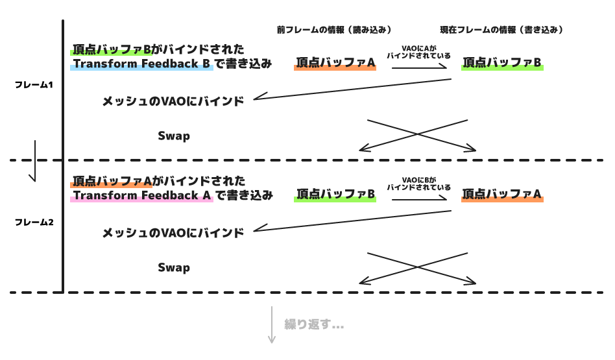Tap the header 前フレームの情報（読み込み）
pyautogui.click(x=334, y=30)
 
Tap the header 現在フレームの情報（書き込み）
pyautogui.click(x=501, y=30)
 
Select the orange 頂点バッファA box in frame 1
pyautogui.click(x=335, y=63)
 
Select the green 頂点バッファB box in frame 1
pyautogui.click(x=502, y=63)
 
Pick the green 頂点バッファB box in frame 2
pyautogui.click(x=335, y=194)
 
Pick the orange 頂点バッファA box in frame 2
pyautogui.click(x=502, y=194)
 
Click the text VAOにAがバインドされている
pyautogui.click(x=418, y=52)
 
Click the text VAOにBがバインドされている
pyautogui.click(x=418, y=184)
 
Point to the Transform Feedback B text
pyautogui.click(x=142, y=64)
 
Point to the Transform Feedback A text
pyautogui.click(x=142, y=195)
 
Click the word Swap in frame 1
pyautogui.click(x=174, y=136)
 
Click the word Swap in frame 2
pyautogui.click(x=174, y=267)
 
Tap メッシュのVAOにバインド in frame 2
pyautogui.click(x=173, y=232)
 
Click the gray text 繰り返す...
pyautogui.click(x=313, y=324)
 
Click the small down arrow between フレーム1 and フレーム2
pyautogui.click(x=35, y=161)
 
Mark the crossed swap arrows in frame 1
pyautogui.click(x=418, y=136)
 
